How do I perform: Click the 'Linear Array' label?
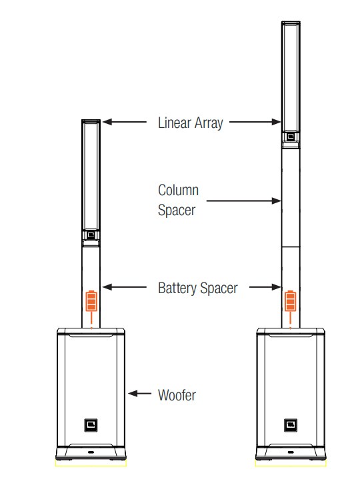(191, 123)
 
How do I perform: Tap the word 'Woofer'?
(177, 395)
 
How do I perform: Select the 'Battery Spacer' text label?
(198, 288)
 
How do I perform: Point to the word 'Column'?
(178, 191)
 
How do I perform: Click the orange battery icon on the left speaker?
(91, 300)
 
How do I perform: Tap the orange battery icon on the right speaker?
(291, 300)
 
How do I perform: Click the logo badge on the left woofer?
(91, 425)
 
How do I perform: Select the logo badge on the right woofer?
(291, 425)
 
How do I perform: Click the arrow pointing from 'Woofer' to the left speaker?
(139, 394)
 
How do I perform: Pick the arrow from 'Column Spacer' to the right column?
(243, 201)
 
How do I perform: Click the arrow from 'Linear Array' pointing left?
(125, 122)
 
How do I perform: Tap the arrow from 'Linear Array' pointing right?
(255, 122)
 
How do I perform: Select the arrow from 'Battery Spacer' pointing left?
(125, 287)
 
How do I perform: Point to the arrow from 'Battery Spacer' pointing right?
(265, 287)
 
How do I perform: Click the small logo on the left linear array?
(91, 235)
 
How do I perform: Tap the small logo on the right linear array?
(291, 136)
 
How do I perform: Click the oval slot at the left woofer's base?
(91, 452)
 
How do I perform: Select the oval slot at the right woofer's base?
(291, 452)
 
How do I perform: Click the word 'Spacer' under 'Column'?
(177, 211)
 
